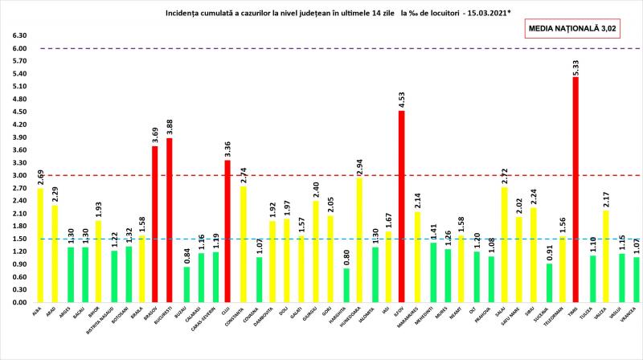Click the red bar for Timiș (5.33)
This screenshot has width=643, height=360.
[575, 190]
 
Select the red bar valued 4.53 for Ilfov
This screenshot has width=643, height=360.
[401, 207]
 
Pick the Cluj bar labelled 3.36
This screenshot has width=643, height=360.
[227, 231]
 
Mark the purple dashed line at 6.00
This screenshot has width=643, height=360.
[321, 49]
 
